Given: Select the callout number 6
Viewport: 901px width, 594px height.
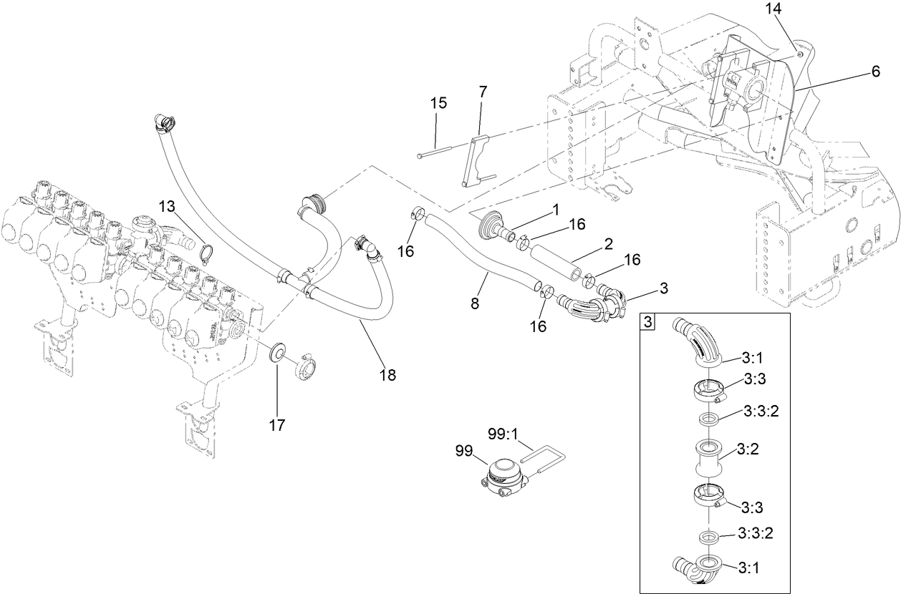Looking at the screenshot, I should [875, 71].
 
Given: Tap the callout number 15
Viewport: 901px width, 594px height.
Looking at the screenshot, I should [438, 102].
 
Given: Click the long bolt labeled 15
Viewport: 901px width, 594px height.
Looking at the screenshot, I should [433, 152].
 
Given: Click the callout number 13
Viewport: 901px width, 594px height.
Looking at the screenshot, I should [166, 207].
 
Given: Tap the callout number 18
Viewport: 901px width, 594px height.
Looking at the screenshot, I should [387, 374].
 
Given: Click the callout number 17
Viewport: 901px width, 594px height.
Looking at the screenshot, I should [277, 425].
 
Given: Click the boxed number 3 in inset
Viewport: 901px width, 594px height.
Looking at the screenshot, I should [647, 322].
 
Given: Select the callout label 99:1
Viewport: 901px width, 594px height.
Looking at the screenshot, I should [502, 434].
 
